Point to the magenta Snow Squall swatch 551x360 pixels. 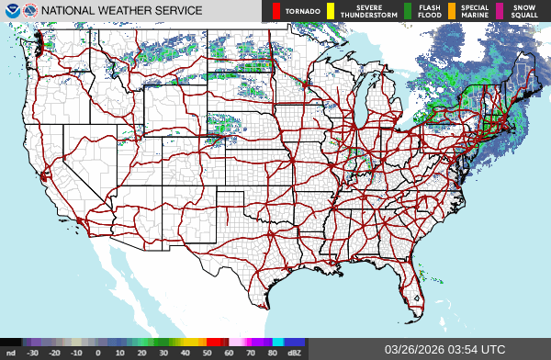500,11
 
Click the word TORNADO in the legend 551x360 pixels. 303,12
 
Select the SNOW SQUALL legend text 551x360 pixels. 524,11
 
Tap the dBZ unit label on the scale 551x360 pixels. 296,353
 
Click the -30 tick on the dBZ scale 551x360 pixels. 33,353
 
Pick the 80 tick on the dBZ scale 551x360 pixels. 274,353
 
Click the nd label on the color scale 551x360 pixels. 10,353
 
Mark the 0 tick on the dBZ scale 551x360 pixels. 98,353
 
